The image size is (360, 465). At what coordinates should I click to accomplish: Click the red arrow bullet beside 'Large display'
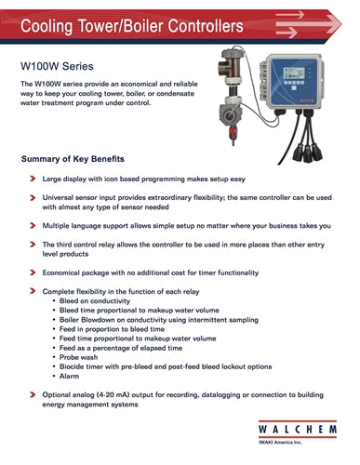(x=33, y=175)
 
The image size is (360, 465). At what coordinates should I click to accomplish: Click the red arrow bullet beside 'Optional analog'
(x=33, y=395)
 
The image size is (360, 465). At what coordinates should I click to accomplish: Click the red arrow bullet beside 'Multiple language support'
(x=33, y=226)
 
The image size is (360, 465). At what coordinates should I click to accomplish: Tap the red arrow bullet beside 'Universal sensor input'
(x=33, y=198)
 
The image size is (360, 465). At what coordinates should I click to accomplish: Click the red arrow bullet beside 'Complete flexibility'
(x=33, y=292)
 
